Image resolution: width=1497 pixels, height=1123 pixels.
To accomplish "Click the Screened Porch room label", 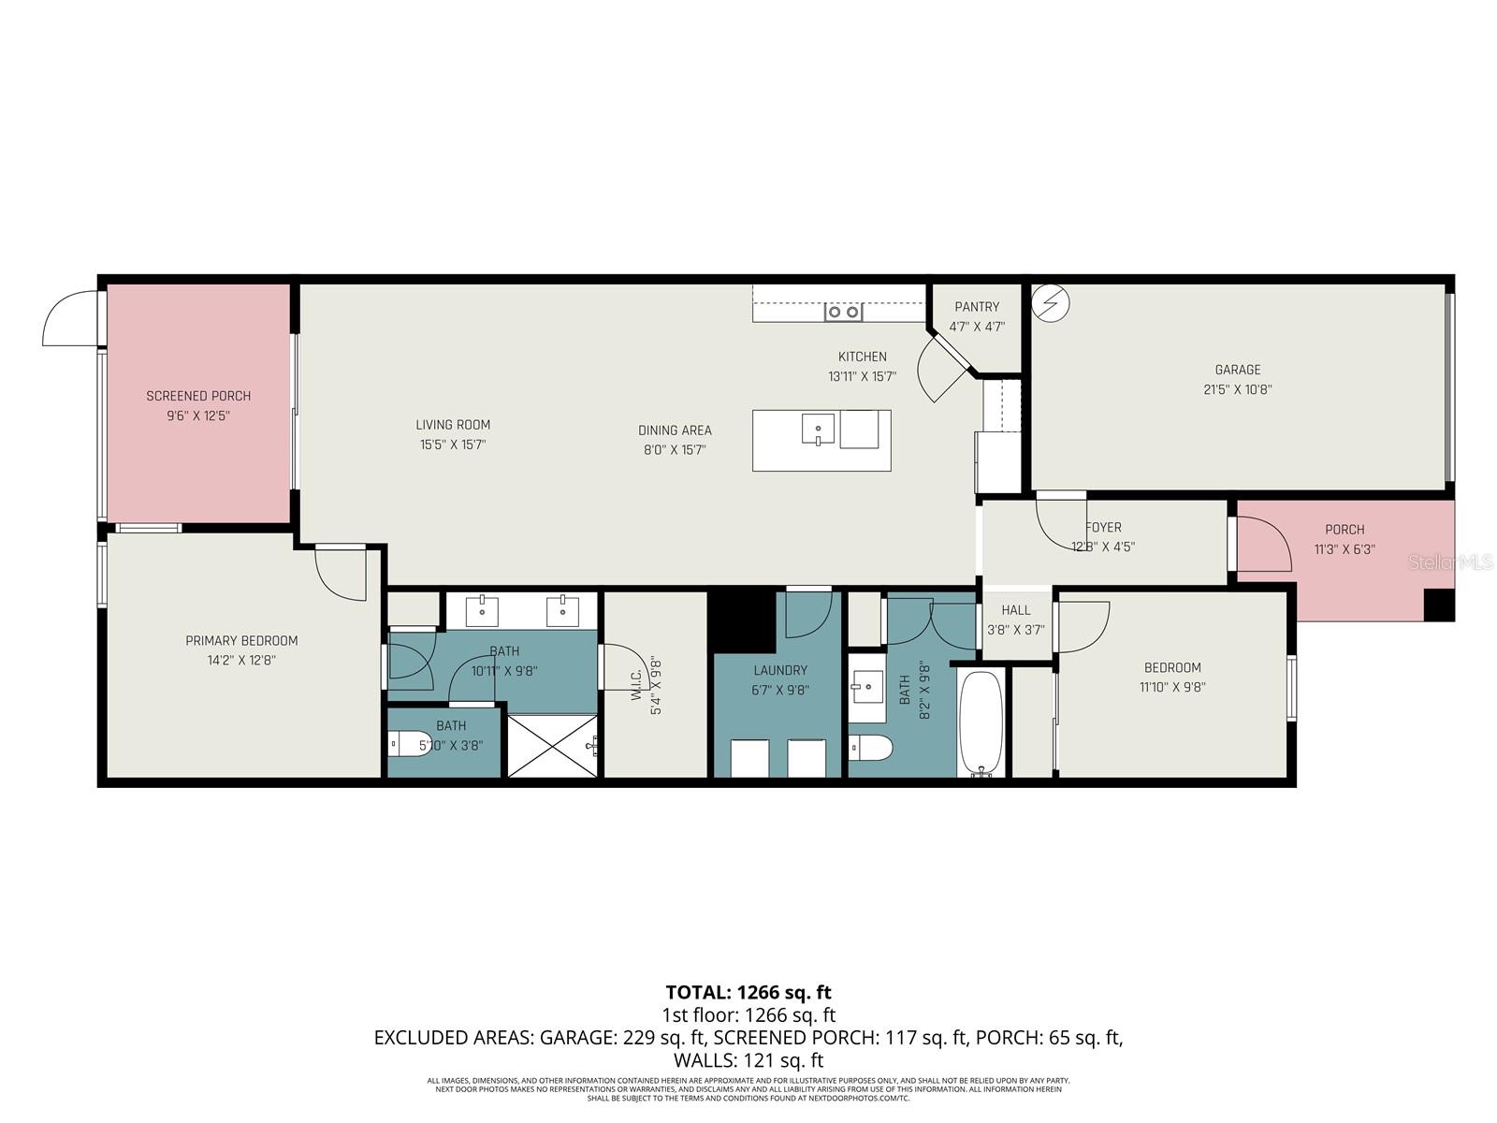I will (x=198, y=396).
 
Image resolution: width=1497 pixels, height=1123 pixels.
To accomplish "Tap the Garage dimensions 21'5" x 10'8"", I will (x=1238, y=389).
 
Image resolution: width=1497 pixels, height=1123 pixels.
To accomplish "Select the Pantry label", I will (x=977, y=307).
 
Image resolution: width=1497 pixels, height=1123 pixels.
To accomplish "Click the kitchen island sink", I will (x=818, y=430).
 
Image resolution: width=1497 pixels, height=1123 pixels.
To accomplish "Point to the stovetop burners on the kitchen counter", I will (x=843, y=313).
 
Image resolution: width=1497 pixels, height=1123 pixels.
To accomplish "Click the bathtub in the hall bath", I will (x=981, y=723).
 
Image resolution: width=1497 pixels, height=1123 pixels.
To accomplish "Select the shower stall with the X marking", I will (x=552, y=745).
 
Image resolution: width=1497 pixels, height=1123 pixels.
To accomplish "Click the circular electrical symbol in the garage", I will (x=1050, y=303).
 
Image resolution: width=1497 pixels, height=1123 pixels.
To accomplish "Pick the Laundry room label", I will (x=780, y=670).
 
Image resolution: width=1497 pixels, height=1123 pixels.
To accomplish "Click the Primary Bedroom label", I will (x=241, y=641).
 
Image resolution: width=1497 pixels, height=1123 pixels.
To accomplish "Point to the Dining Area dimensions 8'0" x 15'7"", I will (x=675, y=449).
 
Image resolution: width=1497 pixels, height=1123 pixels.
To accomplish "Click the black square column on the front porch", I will (x=1439, y=605).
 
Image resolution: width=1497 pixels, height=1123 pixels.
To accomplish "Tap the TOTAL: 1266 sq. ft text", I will (x=748, y=992).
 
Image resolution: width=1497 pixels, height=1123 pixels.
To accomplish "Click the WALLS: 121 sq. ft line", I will (x=748, y=1060).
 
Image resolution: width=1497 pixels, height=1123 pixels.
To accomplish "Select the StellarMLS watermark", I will (x=1450, y=561).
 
